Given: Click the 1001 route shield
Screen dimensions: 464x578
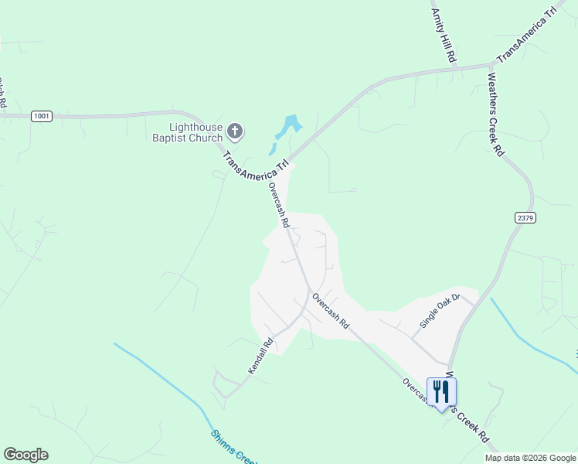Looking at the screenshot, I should (42, 116).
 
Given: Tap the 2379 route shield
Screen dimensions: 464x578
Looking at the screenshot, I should (525, 218).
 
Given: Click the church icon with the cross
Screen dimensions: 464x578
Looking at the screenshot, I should (236, 132).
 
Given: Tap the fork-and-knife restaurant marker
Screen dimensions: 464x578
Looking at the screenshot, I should (441, 391).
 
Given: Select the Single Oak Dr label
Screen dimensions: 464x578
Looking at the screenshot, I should (440, 309).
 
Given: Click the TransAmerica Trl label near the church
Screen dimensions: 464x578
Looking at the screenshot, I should (256, 165).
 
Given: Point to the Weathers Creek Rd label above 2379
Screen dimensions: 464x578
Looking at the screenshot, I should (495, 114).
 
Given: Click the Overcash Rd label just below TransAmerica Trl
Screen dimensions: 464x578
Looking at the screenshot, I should (278, 204).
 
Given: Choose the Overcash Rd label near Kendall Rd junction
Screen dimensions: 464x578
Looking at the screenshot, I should (331, 311).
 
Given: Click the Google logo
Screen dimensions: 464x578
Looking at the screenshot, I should (25, 455).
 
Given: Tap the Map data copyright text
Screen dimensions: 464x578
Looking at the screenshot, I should (529, 458).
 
